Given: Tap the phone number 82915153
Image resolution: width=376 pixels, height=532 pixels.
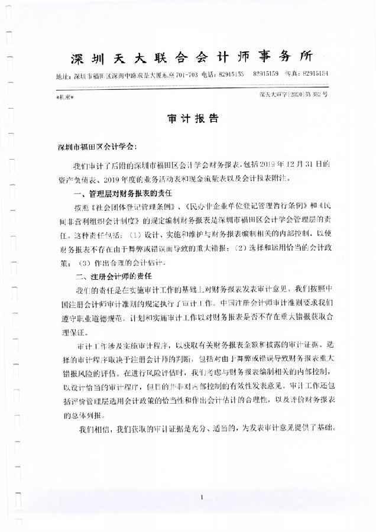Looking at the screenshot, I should point(231,76).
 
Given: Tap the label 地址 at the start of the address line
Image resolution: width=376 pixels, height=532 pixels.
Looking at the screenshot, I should point(61,76).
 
